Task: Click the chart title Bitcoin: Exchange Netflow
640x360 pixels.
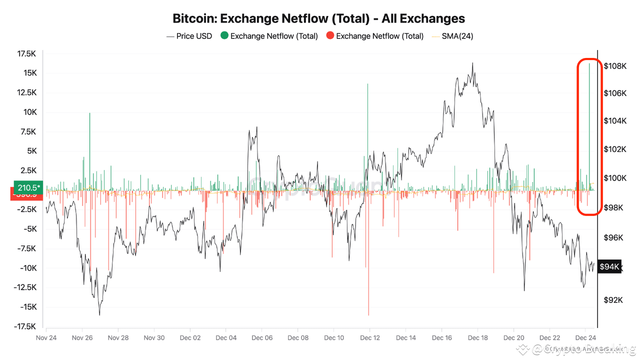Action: (x=318, y=18)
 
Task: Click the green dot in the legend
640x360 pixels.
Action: (x=224, y=36)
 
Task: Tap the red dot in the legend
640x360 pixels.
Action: (x=330, y=36)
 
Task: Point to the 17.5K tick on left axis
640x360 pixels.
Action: (x=26, y=53)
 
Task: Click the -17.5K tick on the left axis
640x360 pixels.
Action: (x=25, y=326)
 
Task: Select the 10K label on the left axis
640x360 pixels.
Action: (x=30, y=112)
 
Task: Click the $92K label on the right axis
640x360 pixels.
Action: (x=613, y=300)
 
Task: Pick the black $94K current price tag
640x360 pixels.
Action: (x=609, y=266)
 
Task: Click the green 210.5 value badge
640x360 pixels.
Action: (x=27, y=187)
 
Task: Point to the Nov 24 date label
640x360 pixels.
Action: (x=46, y=337)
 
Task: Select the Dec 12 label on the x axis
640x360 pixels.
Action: (x=370, y=337)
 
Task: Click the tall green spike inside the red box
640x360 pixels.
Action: (x=589, y=125)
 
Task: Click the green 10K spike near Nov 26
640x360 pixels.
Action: (x=90, y=150)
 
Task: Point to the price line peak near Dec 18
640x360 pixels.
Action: (x=472, y=63)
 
